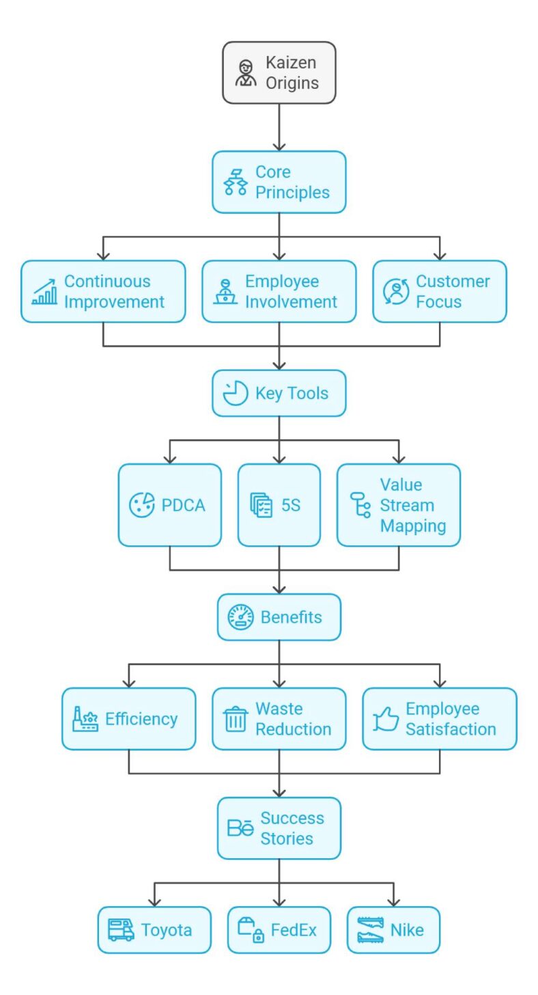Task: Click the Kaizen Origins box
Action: click(x=279, y=72)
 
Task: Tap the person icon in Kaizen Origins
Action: click(x=246, y=73)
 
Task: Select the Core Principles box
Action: click(x=279, y=182)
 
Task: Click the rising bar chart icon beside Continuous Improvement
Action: click(x=44, y=292)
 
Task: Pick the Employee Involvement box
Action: click(x=279, y=291)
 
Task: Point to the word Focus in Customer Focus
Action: click(x=438, y=301)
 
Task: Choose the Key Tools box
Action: click(x=279, y=393)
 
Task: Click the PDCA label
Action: click(x=183, y=506)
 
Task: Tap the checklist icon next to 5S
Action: click(x=261, y=506)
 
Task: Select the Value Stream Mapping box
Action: click(x=398, y=505)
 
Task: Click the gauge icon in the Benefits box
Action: click(x=240, y=617)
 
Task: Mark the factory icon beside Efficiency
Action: click(x=85, y=719)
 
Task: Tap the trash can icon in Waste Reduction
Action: click(x=235, y=719)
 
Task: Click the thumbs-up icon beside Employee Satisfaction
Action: click(x=386, y=720)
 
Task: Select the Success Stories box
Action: click(x=279, y=828)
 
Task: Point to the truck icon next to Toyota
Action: click(x=121, y=930)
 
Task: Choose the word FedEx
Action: click(x=294, y=930)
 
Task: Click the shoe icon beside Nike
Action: click(x=371, y=930)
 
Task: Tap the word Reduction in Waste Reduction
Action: click(x=293, y=729)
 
